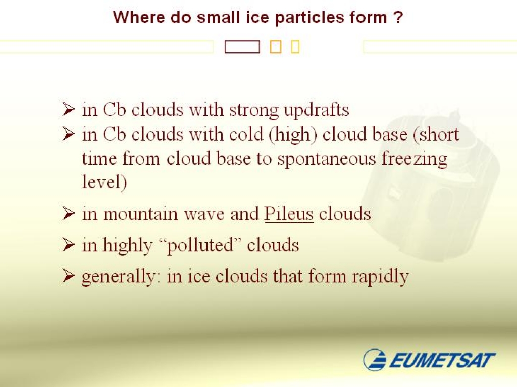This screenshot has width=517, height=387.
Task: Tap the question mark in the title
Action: pyautogui.click(x=398, y=17)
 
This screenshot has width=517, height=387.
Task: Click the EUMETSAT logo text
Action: pyautogui.click(x=442, y=360)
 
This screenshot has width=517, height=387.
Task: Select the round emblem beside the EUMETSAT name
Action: pyautogui.click(x=375, y=359)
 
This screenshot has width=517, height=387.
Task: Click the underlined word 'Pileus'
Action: pyautogui.click(x=289, y=214)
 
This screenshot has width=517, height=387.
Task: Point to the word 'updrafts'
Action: pyautogui.click(x=316, y=110)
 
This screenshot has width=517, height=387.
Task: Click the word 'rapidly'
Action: pyautogui.click(x=381, y=277)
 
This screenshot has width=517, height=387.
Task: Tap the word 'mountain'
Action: pyautogui.click(x=140, y=214)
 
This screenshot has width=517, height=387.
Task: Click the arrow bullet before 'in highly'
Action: pyautogui.click(x=68, y=245)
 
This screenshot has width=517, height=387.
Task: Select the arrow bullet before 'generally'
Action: pyautogui.click(x=68, y=276)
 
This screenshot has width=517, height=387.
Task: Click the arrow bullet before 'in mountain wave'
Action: pyautogui.click(x=68, y=214)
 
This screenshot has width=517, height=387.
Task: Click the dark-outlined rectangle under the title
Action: pyautogui.click(x=242, y=47)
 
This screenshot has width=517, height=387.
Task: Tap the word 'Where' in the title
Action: pyautogui.click(x=138, y=17)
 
